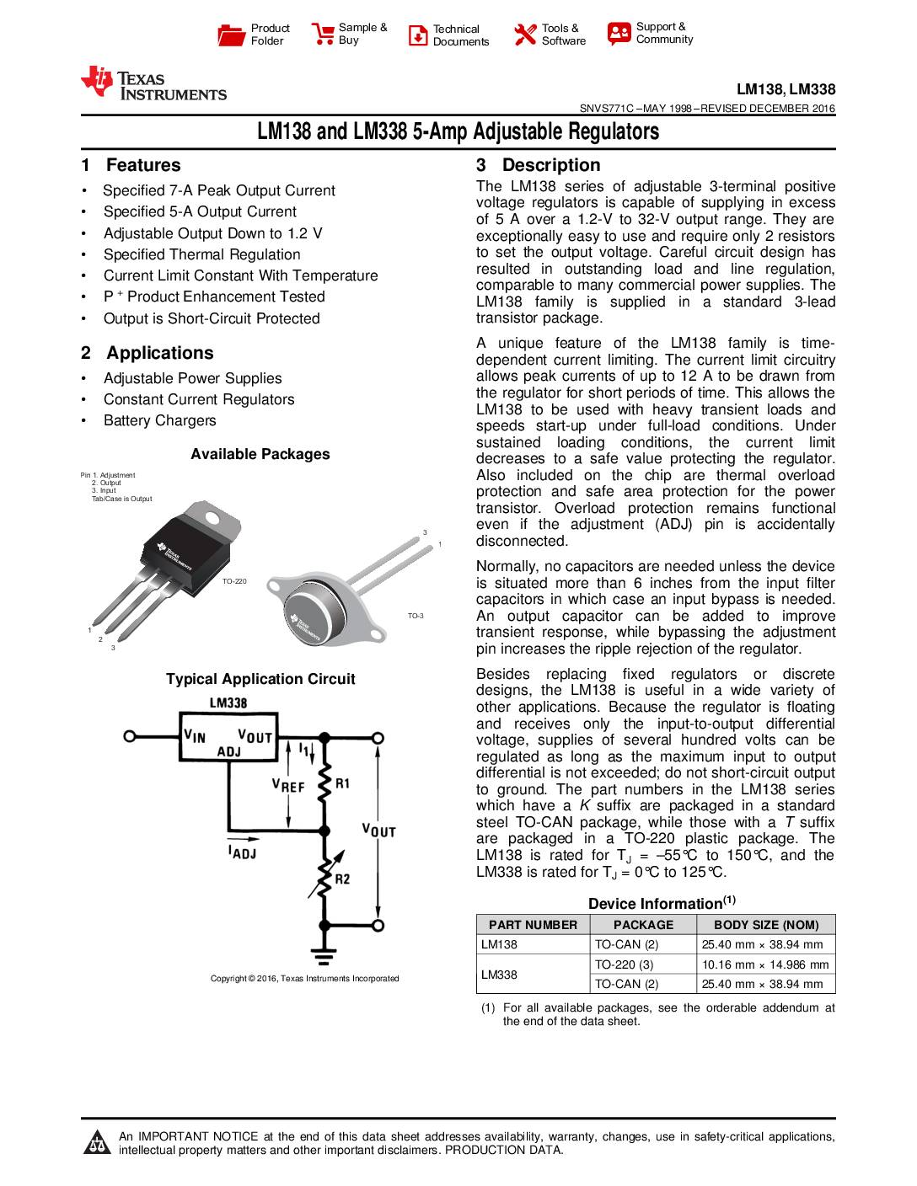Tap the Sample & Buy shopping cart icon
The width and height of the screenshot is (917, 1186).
pyautogui.click(x=323, y=34)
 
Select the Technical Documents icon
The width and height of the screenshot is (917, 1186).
pyautogui.click(x=418, y=35)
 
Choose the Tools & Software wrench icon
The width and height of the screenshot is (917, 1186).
pyautogui.click(x=525, y=35)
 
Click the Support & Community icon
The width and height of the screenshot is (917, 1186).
pyautogui.click(x=619, y=34)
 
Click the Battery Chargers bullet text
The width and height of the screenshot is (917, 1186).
pyautogui.click(x=159, y=420)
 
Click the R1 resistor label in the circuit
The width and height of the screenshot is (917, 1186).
pyautogui.click(x=342, y=784)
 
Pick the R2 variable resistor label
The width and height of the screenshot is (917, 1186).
pyautogui.click(x=342, y=879)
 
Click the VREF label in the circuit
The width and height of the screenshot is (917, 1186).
pyautogui.click(x=287, y=785)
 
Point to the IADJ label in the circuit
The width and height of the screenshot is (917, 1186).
pyautogui.click(x=242, y=852)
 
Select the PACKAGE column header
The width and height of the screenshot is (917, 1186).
pyautogui.click(x=642, y=924)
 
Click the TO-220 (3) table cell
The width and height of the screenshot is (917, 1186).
pyautogui.click(x=624, y=964)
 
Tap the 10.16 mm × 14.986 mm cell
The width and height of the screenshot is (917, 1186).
pyautogui.click(x=765, y=964)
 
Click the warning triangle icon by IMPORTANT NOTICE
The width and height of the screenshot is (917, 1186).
pyautogui.click(x=99, y=1142)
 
